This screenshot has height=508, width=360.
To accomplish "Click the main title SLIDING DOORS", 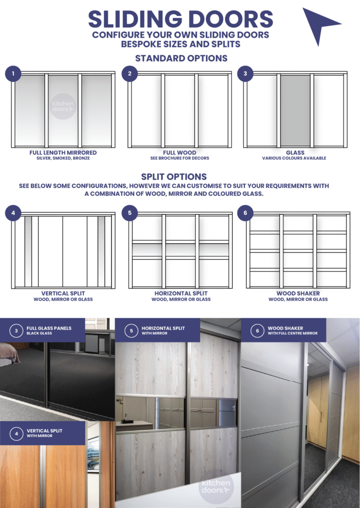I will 180,19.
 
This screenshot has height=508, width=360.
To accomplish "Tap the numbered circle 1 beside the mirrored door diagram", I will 13,74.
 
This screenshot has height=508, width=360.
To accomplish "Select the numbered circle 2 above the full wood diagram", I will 130,74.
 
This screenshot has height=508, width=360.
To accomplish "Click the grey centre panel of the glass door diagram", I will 295,110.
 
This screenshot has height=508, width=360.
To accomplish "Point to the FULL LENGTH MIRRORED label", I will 63,153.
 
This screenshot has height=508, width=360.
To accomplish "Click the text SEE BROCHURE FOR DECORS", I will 180,158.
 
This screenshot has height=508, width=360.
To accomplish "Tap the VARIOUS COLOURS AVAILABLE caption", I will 295,158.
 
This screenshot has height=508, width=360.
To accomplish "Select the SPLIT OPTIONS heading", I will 174,177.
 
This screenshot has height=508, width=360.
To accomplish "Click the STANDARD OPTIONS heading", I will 181,58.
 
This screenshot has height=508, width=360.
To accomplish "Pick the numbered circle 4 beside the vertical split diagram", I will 13,214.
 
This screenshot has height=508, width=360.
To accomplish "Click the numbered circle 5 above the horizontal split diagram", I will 130,214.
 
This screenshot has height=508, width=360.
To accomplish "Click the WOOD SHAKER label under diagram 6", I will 297,294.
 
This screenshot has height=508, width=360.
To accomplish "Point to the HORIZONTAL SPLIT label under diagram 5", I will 181,294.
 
